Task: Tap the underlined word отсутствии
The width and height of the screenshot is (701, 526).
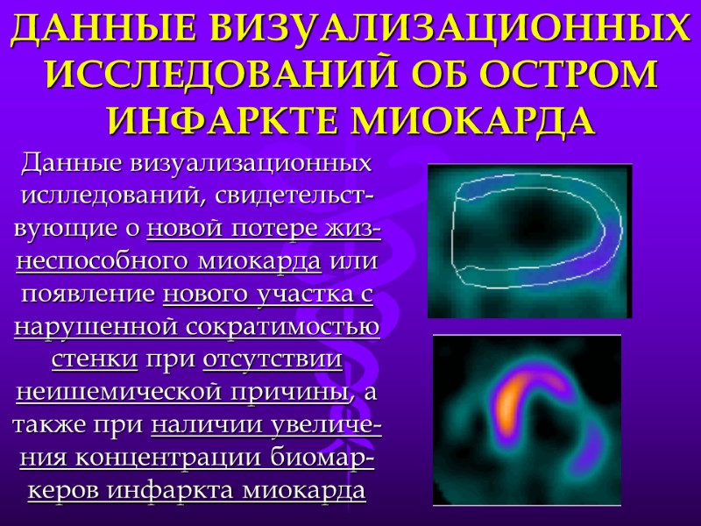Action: (x=272, y=360)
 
